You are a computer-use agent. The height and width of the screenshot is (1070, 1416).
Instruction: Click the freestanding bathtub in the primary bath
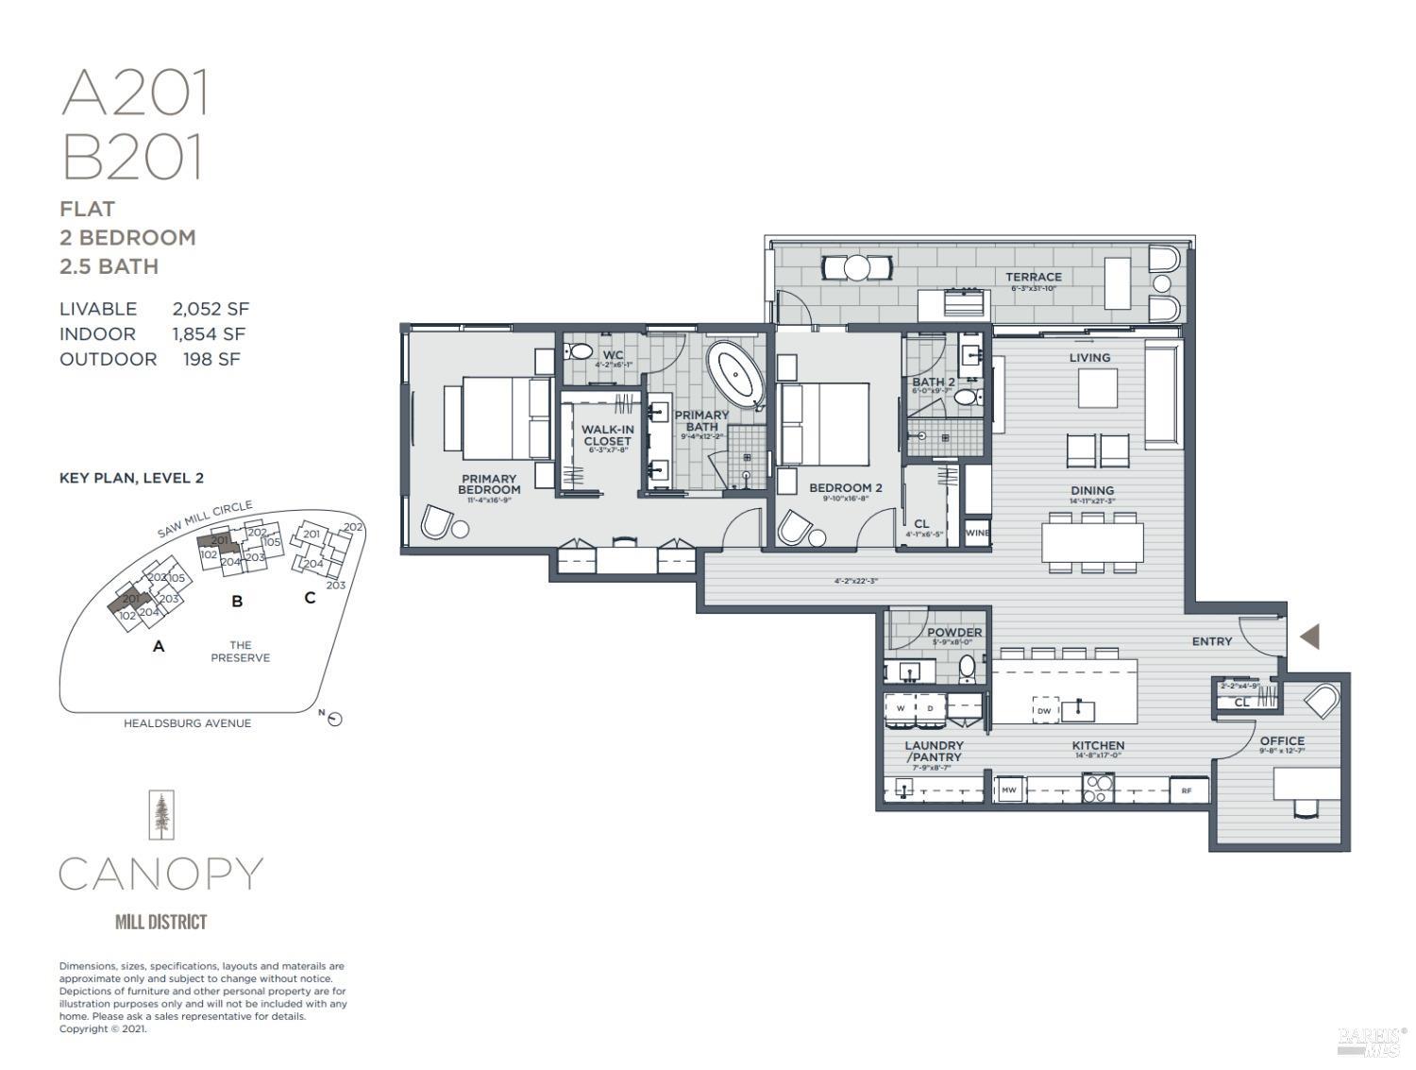[735, 373]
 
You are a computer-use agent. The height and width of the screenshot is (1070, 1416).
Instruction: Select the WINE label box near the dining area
[977, 533]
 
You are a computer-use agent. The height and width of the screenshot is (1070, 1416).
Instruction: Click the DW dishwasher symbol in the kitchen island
[1044, 710]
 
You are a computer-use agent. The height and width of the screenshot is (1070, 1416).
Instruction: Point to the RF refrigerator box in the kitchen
[1187, 790]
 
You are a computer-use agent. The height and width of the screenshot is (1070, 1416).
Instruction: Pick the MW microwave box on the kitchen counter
[1009, 790]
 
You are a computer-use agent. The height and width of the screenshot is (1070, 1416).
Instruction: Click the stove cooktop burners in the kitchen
[1098, 788]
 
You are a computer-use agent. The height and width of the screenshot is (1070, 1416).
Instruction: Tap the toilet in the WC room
[580, 352]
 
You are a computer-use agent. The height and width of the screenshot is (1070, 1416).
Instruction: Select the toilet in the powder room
[968, 670]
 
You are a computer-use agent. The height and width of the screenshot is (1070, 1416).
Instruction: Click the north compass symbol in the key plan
[334, 720]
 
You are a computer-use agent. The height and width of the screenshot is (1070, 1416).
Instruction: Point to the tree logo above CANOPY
[162, 815]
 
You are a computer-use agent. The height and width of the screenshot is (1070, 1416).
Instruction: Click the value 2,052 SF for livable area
[211, 309]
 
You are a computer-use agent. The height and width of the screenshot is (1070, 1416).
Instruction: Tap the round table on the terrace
[856, 268]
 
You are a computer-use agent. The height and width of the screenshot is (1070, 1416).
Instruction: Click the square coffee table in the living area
[1098, 387]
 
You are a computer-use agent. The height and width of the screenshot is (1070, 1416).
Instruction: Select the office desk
[1306, 783]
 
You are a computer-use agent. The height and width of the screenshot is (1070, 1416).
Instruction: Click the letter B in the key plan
[237, 601]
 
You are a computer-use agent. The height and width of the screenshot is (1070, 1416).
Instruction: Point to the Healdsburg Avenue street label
[187, 723]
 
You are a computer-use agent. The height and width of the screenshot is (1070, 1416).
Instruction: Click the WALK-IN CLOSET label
[607, 435]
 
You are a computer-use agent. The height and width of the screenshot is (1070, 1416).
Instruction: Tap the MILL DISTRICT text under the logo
[160, 922]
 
